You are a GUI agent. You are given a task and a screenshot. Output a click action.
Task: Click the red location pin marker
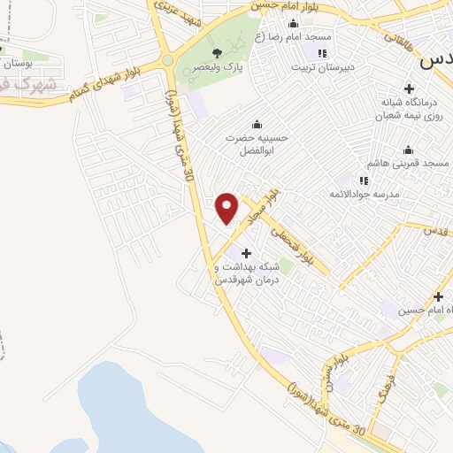click(x=227, y=207)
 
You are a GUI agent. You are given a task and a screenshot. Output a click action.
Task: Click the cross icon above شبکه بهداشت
click(x=246, y=254)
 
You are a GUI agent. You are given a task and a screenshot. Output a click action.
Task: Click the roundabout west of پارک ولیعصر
click(x=168, y=61)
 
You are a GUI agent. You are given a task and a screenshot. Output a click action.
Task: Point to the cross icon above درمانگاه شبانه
click(x=409, y=88)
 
